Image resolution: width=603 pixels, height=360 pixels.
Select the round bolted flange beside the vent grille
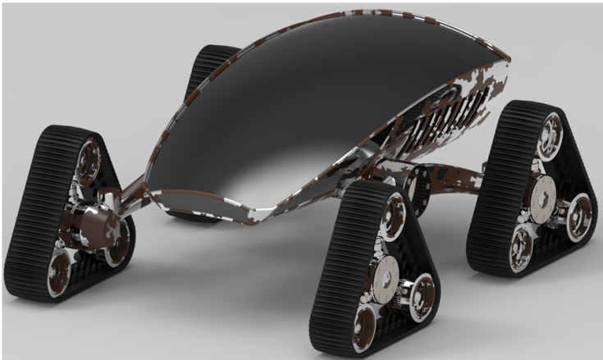tap(421, 188)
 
